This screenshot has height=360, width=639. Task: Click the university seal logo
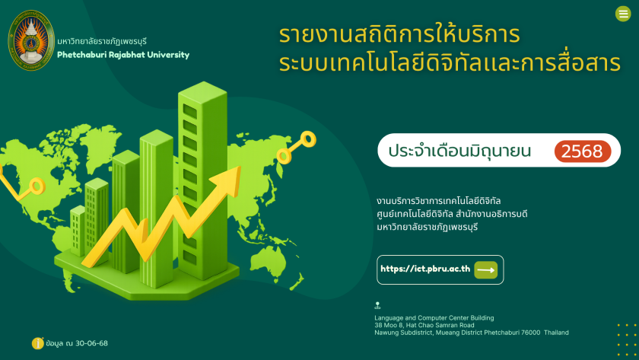(31, 40)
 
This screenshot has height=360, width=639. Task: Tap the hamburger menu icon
(623, 14)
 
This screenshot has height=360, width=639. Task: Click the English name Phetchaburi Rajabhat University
(123, 55)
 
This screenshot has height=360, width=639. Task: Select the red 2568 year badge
(583, 151)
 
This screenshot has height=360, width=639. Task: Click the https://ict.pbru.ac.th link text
(425, 269)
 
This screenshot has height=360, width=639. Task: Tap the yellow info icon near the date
(37, 343)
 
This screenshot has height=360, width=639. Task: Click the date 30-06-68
(92, 343)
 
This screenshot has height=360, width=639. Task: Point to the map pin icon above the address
(377, 305)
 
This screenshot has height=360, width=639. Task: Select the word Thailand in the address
(556, 333)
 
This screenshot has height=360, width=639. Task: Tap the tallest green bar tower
(202, 180)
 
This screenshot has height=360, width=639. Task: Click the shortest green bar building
(78, 231)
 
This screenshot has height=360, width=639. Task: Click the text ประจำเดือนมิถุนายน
(459, 151)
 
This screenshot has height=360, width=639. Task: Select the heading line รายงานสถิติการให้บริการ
(399, 35)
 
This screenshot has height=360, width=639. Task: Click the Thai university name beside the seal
(102, 41)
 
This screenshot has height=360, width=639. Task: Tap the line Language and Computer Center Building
(434, 318)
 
